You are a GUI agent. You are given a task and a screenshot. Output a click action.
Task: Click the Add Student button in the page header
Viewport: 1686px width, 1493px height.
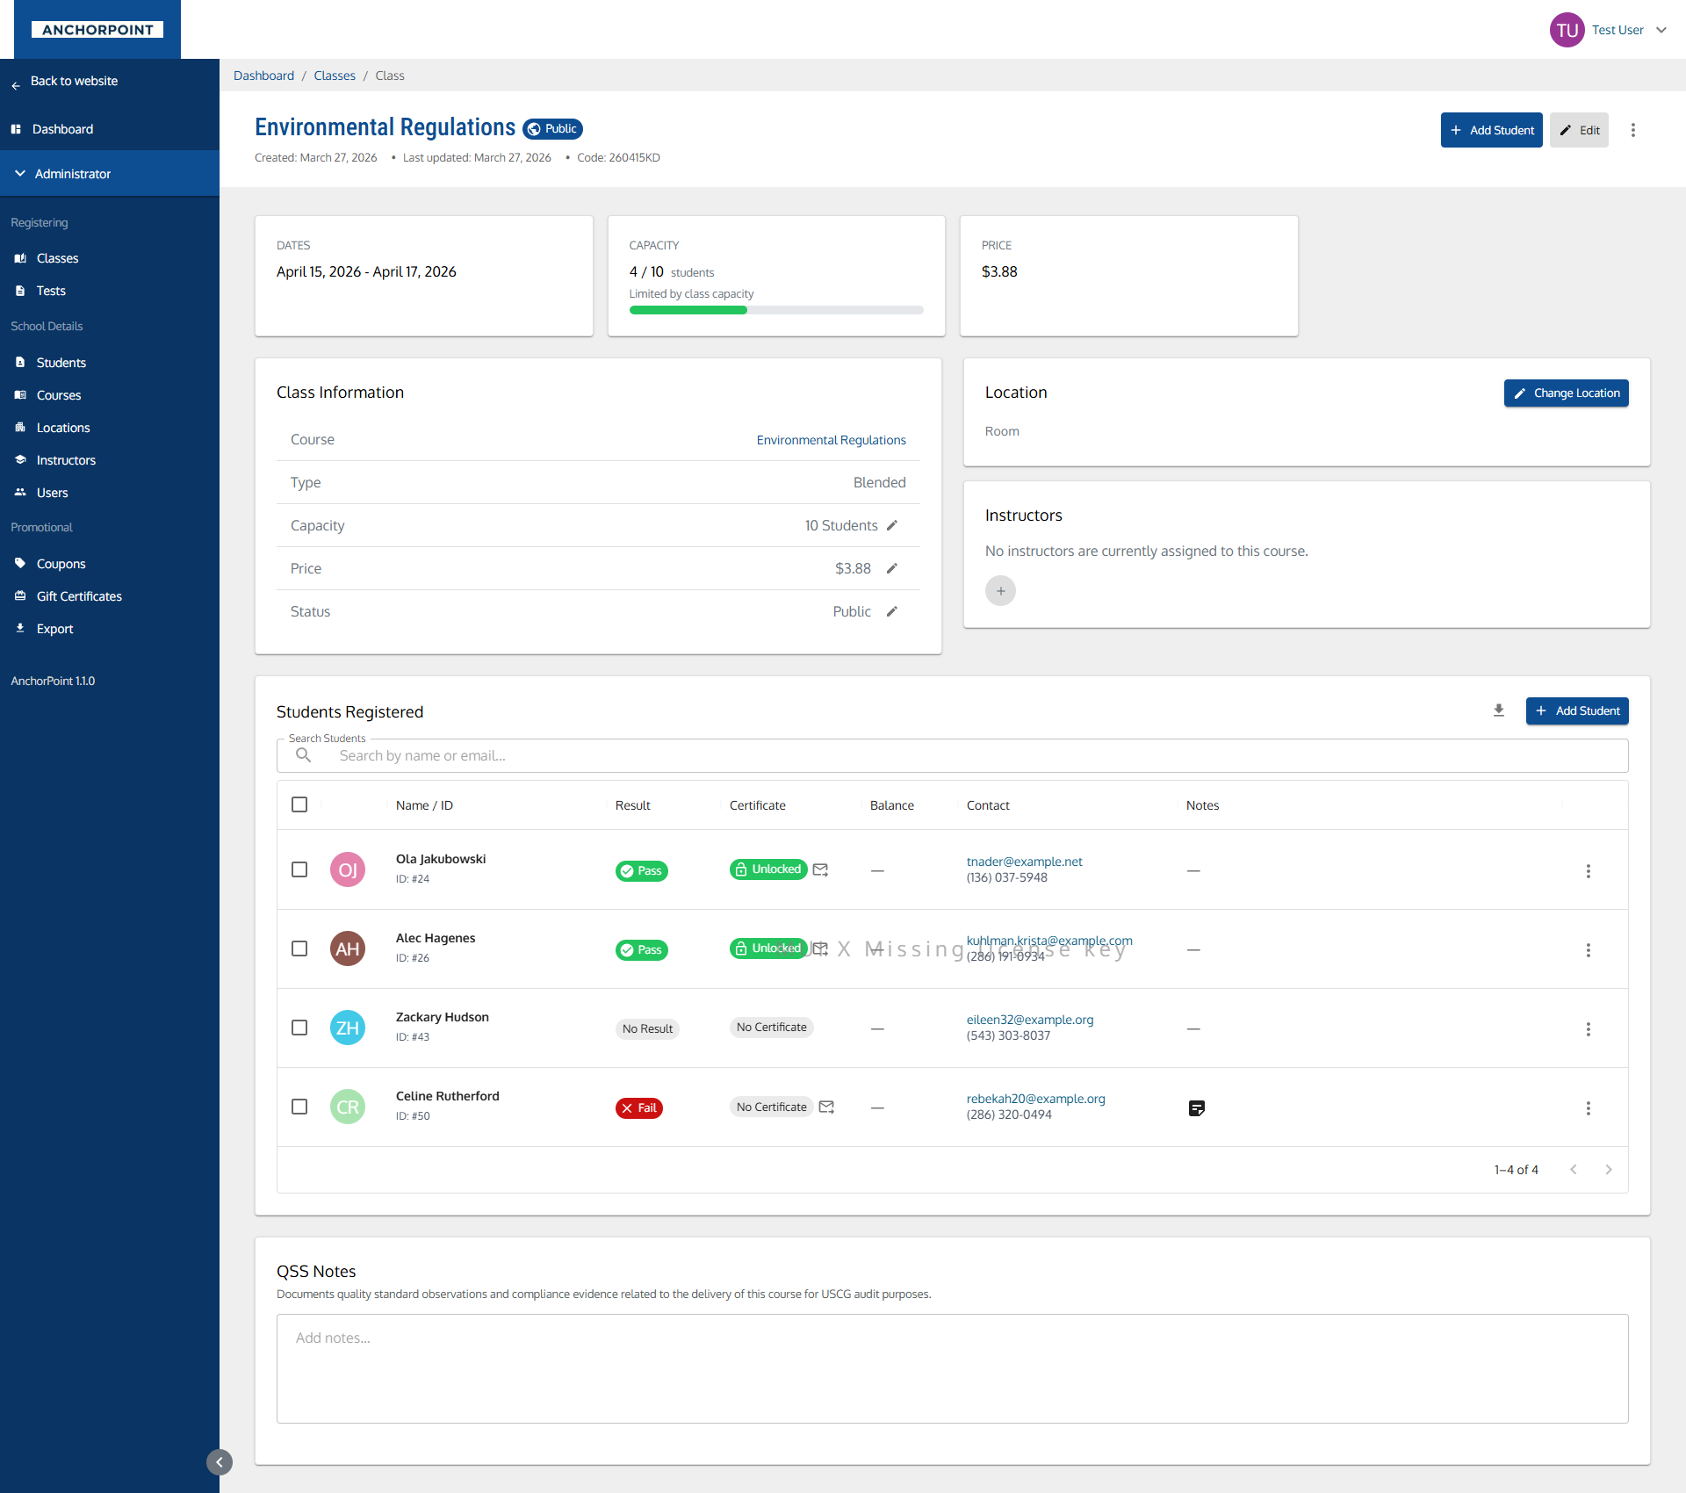1491,130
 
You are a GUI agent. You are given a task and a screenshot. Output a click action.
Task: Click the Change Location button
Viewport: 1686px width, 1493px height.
1566,393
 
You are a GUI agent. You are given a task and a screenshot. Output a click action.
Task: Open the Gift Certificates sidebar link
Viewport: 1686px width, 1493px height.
79,596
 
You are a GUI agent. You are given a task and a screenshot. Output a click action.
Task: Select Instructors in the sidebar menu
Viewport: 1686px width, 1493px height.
66,460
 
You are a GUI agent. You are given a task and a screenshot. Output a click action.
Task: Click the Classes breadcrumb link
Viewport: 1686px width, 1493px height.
335,76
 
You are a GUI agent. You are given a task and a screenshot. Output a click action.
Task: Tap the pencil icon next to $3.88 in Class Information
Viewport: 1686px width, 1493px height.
891,568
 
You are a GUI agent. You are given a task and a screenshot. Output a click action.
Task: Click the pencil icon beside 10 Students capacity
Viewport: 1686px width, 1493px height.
891,525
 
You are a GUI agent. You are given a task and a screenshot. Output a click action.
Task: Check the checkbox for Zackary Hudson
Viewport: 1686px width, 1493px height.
299,1028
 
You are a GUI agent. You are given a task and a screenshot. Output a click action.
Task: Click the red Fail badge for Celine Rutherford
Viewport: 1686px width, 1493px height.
638,1108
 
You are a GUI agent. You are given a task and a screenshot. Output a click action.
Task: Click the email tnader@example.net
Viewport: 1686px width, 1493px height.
1024,862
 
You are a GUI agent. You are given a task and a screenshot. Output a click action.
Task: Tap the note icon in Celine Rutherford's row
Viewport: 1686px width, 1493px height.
1196,1108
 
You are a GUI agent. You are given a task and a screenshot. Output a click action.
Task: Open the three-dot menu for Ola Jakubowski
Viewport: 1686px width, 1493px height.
1588,871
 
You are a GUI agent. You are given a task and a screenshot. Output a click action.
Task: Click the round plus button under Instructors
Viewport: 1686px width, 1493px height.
1000,591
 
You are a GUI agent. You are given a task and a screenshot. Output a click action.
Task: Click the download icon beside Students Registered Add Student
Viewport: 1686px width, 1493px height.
1499,710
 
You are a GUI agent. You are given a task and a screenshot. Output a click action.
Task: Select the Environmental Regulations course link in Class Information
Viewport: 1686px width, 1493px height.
831,440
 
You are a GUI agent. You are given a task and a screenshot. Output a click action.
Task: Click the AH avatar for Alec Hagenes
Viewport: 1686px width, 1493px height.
348,948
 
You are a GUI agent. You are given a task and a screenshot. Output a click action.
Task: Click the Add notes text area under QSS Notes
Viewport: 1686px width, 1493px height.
953,1367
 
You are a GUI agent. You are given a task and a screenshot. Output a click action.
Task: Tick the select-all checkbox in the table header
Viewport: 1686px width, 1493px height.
299,804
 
